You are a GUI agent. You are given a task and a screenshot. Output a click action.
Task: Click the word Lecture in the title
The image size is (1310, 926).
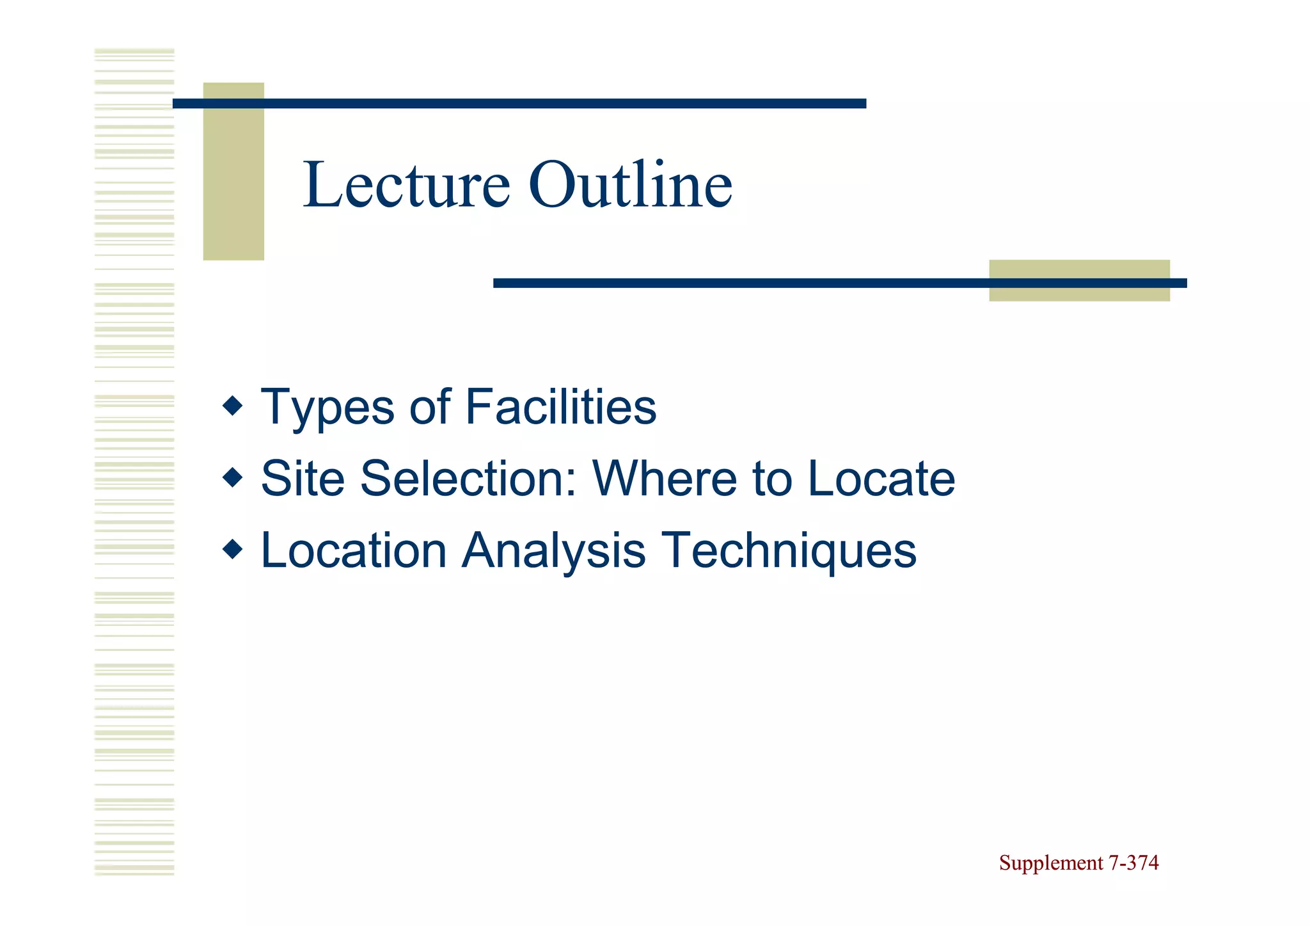click(x=406, y=186)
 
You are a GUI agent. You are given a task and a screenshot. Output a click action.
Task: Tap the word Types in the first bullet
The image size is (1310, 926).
click(x=327, y=408)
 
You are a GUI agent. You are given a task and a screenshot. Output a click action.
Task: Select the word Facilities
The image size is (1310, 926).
click(x=560, y=408)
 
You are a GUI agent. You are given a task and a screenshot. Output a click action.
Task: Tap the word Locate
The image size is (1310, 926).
click(x=881, y=479)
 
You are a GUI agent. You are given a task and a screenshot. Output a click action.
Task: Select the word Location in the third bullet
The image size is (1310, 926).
click(x=354, y=550)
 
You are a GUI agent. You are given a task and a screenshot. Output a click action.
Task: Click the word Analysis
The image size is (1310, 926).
click(x=554, y=550)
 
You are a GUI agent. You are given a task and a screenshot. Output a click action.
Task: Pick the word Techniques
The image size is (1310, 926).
click(x=788, y=550)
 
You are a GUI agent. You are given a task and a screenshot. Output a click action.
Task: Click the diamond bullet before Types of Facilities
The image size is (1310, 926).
click(x=233, y=405)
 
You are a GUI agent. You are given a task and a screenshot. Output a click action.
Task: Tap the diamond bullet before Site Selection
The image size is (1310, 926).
click(x=233, y=477)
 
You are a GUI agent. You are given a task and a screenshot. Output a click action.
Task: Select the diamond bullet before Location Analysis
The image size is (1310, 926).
click(x=233, y=548)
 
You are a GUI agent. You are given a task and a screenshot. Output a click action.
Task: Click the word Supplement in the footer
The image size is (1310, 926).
click(x=1051, y=863)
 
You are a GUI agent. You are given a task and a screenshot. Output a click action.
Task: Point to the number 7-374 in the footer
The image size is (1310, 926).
click(x=1133, y=863)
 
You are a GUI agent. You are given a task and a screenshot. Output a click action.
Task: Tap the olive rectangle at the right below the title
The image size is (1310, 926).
click(x=1079, y=293)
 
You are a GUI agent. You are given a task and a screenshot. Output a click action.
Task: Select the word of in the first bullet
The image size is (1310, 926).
click(x=430, y=408)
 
